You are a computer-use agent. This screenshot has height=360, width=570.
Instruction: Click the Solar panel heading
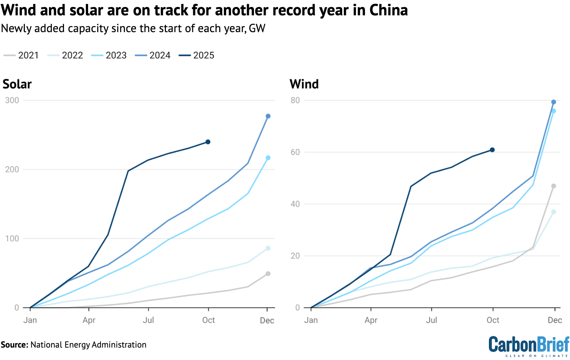click(17, 84)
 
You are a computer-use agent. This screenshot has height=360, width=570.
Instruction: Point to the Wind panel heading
click(304, 84)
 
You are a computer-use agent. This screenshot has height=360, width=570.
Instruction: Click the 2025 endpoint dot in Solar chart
click(208, 142)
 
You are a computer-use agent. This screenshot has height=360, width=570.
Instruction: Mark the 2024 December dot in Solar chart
click(268, 116)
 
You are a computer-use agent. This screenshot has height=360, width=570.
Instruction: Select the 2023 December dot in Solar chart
click(268, 158)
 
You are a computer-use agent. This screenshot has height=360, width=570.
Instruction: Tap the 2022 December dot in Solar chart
click(268, 248)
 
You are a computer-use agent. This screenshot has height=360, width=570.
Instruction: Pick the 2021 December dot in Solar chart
click(268, 273)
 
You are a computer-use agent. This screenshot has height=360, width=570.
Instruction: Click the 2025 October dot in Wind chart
click(492, 150)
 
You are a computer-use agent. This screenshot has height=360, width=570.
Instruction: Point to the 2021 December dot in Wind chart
click(554, 186)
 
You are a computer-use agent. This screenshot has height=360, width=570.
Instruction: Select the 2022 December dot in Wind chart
click(554, 212)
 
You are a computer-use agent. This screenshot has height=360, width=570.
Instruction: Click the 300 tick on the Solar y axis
click(12, 100)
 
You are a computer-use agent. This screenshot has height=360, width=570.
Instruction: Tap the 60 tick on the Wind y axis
click(295, 152)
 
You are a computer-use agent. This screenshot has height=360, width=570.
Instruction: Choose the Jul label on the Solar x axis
click(148, 320)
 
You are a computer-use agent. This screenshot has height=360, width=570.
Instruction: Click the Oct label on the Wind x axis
click(493, 320)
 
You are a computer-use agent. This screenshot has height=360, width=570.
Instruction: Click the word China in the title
click(389, 10)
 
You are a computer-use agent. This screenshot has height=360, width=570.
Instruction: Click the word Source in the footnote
click(14, 345)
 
